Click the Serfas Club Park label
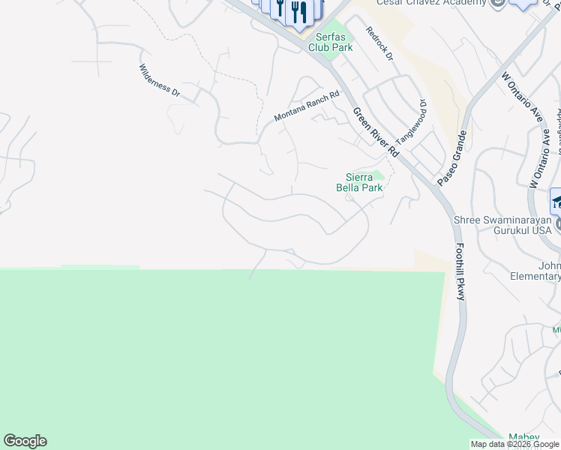pos(331,42)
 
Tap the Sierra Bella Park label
pos(364,182)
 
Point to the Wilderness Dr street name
pos(160,80)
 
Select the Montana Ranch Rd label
pos(307,106)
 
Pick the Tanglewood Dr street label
pos(411,123)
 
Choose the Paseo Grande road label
pos(452,157)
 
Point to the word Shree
pos(469,220)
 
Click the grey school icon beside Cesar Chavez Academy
pos(496,3)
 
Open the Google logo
pos(25,441)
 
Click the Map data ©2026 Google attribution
pos(515,444)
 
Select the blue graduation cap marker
pos(556,201)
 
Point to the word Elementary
pos(535,276)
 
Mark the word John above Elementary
pos(550,265)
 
